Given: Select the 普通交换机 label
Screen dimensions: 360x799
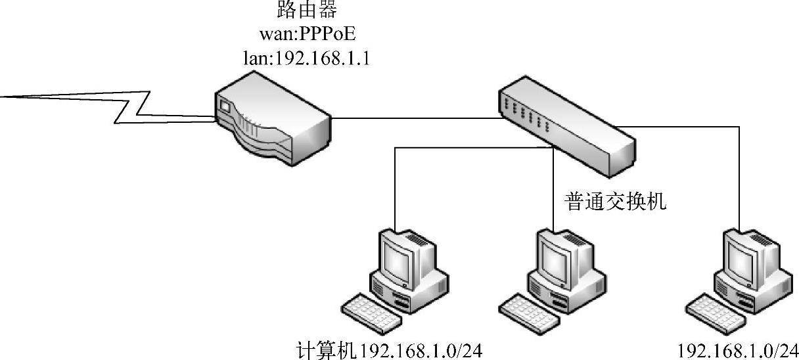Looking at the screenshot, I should (x=616, y=201).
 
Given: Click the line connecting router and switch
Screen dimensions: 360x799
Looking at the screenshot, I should (x=414, y=119).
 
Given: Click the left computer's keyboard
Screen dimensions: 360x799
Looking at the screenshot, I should (x=372, y=313).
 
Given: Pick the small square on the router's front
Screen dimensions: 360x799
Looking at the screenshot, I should (x=225, y=106).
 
